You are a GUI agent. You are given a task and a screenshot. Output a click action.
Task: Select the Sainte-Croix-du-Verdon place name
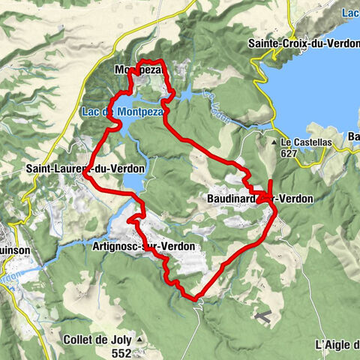[x=304, y=44]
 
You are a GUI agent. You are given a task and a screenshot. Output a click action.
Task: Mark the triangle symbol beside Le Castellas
[x=274, y=142]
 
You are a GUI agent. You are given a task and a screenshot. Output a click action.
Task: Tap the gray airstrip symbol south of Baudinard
[x=263, y=316]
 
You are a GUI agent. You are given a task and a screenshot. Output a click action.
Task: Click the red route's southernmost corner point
[x=196, y=298]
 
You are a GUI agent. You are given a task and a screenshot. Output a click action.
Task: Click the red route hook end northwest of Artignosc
[x=130, y=221]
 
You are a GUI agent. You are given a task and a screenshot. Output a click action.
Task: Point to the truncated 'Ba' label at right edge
[x=353, y=136]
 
